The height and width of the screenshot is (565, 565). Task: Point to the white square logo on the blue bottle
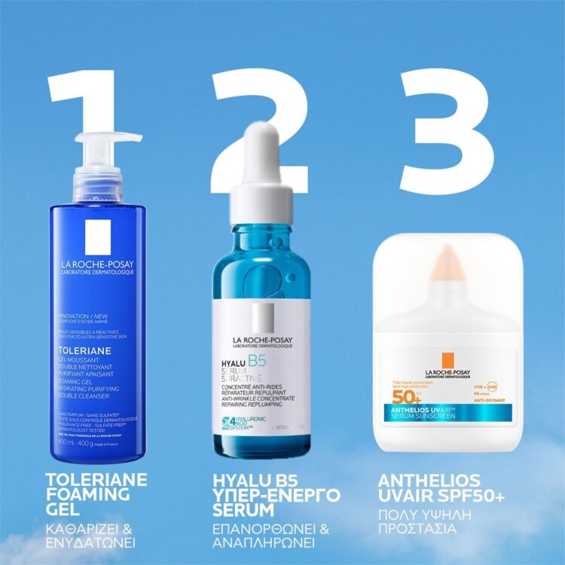(x=98, y=237)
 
